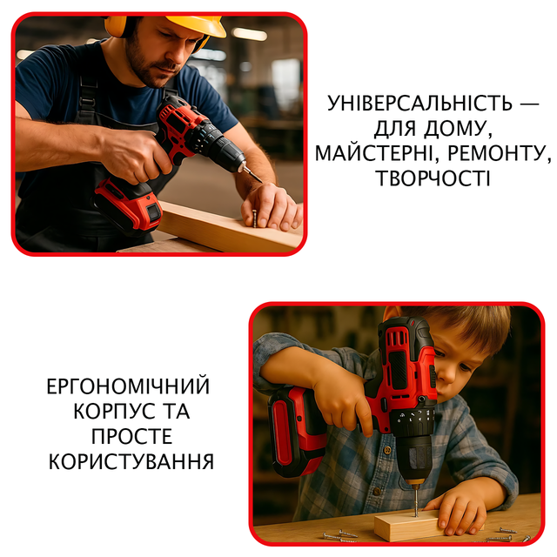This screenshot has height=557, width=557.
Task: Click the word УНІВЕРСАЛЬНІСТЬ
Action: pos(419,104)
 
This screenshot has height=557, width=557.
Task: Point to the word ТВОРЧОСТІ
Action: pos(433,178)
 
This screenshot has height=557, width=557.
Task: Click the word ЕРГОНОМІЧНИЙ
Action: pos(128,386)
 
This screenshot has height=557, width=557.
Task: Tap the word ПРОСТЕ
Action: pos(131,436)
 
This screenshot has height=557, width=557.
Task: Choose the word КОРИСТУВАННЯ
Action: pos(131,461)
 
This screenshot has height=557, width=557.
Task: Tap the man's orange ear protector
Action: pos(116,26)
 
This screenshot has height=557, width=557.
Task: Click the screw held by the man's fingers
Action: pos(255,218)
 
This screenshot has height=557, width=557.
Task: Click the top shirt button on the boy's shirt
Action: pos(387,451)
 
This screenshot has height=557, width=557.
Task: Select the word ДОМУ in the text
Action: pos(458,129)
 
